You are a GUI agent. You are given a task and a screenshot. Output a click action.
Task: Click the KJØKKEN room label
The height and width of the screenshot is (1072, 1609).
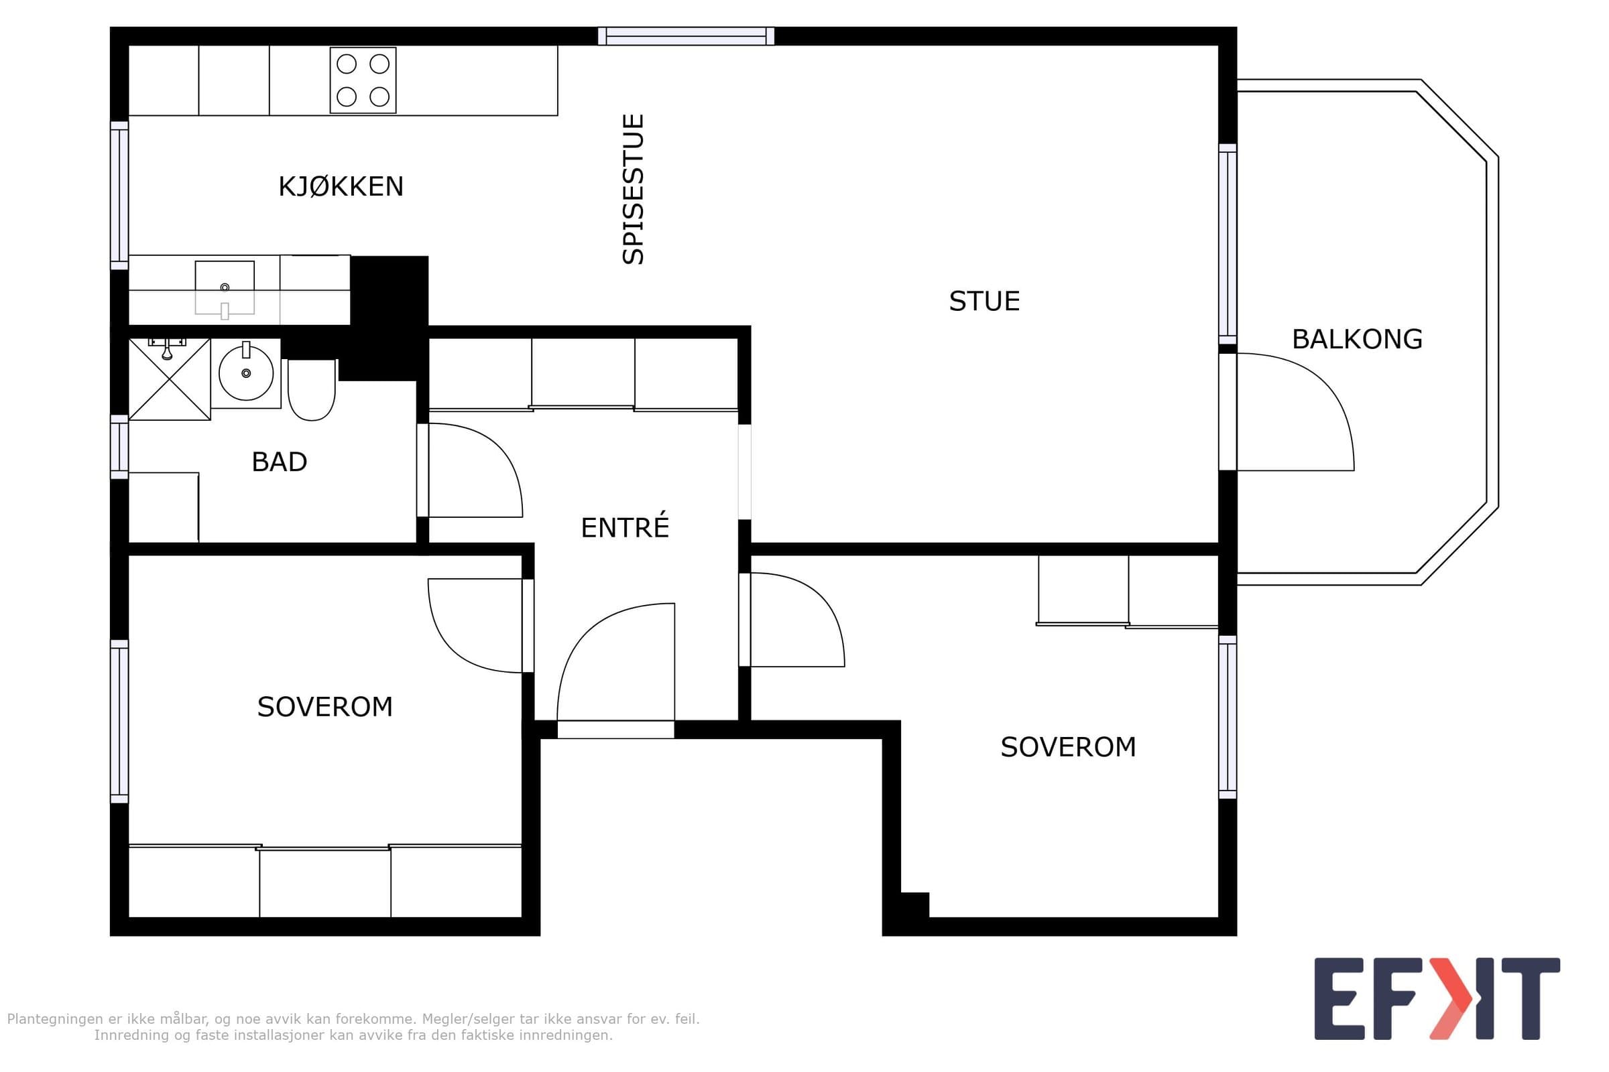pos(341,187)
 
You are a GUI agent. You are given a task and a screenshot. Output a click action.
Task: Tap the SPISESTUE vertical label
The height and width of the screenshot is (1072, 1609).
pos(634,190)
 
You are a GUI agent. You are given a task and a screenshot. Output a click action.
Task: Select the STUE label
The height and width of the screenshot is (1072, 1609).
pos(984,301)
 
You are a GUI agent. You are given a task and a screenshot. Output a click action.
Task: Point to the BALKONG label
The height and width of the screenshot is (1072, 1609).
pos(1356,339)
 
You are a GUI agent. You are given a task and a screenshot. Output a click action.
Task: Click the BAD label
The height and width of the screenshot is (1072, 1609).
pos(279,462)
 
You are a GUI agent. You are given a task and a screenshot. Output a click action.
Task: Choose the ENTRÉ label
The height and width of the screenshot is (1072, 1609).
pos(625,527)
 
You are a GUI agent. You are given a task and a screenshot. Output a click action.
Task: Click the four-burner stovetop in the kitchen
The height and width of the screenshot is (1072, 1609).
pos(363,80)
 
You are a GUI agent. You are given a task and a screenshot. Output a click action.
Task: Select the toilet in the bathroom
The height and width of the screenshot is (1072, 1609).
pos(311,390)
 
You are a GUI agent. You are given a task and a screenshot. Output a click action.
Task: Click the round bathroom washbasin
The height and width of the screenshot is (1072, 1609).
pos(245,373)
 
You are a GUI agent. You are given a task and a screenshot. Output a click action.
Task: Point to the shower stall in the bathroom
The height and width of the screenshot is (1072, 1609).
pos(169,379)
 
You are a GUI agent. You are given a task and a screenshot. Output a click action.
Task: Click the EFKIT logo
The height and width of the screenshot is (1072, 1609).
pos(1437,999)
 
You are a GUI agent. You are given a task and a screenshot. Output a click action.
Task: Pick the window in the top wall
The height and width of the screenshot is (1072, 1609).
pos(686,36)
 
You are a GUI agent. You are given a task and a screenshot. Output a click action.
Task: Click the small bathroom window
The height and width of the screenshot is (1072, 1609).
pos(120,447)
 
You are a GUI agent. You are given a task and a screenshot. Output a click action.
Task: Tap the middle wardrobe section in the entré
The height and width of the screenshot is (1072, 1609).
pos(583,373)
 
